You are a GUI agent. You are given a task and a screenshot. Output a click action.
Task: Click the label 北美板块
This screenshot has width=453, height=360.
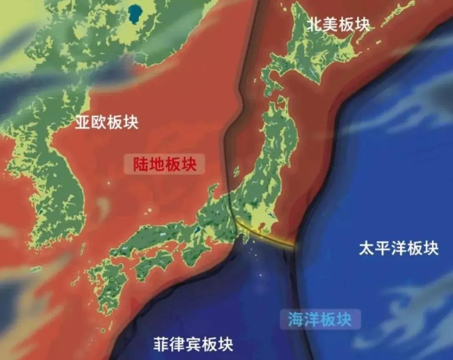pos(338,24)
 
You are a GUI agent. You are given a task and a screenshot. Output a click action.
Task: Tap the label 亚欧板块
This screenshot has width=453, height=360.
pos(106,122)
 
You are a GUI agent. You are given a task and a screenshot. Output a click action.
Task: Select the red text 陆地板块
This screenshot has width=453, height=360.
pos(164,164)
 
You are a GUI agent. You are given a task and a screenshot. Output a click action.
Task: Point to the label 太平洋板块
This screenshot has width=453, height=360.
pos(398,249)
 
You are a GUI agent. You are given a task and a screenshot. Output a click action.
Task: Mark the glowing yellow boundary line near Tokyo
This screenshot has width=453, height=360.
pos(268,236)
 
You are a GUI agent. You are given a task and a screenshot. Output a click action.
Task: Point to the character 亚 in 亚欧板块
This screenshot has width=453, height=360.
pos(82,122)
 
